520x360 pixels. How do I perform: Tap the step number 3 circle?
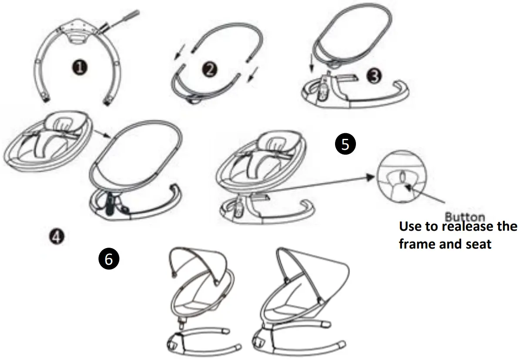tap(373, 75)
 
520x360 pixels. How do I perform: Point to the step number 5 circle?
tap(346, 144)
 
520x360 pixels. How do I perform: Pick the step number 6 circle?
tap(109, 259)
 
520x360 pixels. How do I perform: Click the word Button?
tap(465, 216)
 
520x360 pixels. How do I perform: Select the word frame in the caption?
tap(419, 244)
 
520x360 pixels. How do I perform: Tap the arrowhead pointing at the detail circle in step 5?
tap(370, 176)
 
